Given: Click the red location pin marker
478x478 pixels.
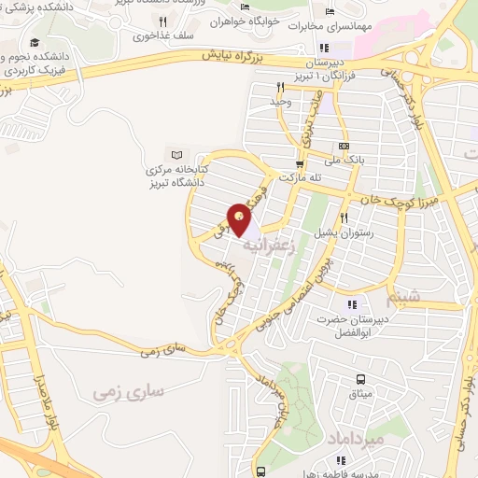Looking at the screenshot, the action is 240,219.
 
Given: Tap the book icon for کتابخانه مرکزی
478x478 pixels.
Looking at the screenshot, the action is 177,153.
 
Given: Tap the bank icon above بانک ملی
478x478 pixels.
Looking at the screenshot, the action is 344,147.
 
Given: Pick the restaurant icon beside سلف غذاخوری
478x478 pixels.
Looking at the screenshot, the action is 162,20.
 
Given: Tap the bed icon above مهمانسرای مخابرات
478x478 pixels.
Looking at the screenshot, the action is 329,11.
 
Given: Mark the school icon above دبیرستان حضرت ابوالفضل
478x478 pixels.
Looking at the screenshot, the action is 351,303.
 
